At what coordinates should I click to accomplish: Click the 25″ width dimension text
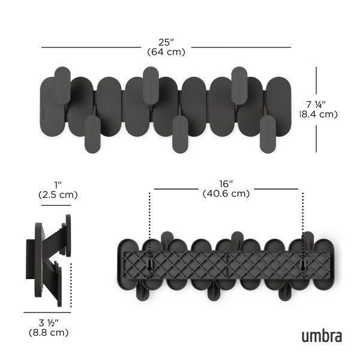166,43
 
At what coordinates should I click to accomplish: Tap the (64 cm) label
166,52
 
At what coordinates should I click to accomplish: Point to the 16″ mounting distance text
226,184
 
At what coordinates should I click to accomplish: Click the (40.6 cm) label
226,193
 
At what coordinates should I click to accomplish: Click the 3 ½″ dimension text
47,322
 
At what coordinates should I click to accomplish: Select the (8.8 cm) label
47,332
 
